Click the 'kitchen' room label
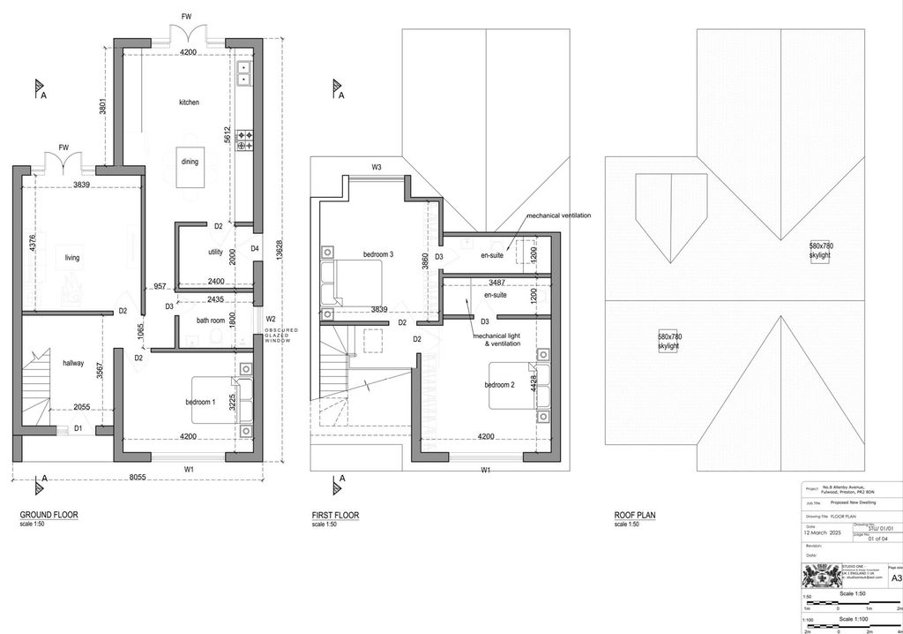(x=189, y=102)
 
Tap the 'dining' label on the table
(x=190, y=162)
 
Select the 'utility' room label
(x=215, y=253)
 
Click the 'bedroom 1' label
(x=200, y=402)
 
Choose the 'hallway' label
(x=73, y=363)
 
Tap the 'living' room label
(x=72, y=258)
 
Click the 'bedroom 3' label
(x=377, y=254)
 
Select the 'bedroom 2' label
(x=498, y=385)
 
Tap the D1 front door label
(x=78, y=428)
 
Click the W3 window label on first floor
(x=377, y=167)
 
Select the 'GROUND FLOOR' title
(x=49, y=515)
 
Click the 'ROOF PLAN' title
(x=635, y=515)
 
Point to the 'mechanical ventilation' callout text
(x=559, y=215)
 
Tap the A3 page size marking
(x=896, y=578)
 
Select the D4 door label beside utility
(x=255, y=248)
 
